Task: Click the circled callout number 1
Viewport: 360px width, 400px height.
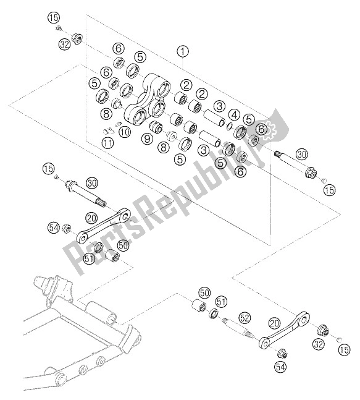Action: (183, 51)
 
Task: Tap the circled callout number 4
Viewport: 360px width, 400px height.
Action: (235, 115)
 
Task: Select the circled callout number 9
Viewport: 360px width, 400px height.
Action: (147, 138)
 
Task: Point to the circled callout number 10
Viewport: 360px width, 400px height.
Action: (125, 132)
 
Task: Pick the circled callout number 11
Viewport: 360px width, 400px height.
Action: (108, 143)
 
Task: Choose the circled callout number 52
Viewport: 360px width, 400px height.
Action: (245, 318)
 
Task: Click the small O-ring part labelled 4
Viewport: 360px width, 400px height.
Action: (229, 126)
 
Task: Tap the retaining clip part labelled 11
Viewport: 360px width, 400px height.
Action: (108, 131)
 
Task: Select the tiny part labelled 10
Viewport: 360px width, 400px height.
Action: (118, 124)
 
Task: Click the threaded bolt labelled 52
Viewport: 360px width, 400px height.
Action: (238, 328)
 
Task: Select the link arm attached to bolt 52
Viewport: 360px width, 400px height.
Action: (284, 330)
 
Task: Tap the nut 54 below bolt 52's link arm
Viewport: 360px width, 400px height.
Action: (283, 354)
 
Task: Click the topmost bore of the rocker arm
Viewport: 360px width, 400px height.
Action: (163, 88)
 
